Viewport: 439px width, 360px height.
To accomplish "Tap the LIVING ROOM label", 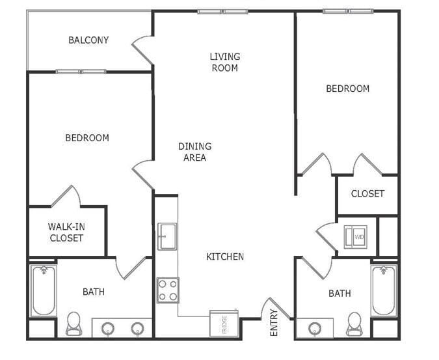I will pyautogui.click(x=224, y=62).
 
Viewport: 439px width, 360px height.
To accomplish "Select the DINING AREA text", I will pyautogui.click(x=194, y=152).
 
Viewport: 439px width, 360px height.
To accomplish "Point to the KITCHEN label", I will pyautogui.click(x=225, y=256).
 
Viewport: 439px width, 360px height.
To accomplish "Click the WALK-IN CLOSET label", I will pyautogui.click(x=66, y=232).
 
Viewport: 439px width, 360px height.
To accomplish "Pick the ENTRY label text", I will pyautogui.click(x=274, y=322).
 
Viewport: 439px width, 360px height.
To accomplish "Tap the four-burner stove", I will pyautogui.click(x=168, y=290).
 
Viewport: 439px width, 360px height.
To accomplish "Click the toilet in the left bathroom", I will pyautogui.click(x=73, y=323).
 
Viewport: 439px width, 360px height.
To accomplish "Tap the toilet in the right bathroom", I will pyautogui.click(x=354, y=323).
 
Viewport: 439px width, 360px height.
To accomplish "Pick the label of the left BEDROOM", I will pyautogui.click(x=87, y=138).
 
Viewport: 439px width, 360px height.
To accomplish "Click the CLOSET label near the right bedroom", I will pyautogui.click(x=367, y=193).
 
